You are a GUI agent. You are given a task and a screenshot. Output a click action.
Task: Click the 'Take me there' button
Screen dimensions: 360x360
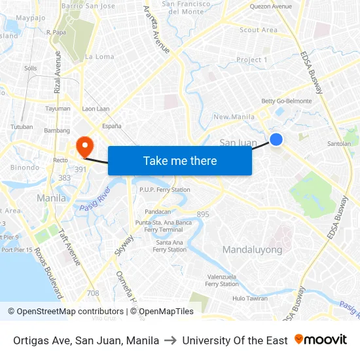click(180, 160)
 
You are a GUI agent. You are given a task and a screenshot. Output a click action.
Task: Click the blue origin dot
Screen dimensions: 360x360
click(276, 139)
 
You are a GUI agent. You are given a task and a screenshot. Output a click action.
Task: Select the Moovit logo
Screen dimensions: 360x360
click(320, 340)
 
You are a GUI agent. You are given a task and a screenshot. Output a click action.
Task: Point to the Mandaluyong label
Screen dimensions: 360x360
click(252, 249)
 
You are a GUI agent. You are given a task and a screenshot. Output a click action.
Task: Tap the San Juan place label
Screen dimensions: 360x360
click(238, 143)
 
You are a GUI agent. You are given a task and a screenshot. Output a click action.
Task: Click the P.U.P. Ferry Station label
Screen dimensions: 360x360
click(164, 190)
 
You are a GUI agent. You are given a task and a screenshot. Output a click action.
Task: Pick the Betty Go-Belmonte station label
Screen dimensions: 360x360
click(286, 101)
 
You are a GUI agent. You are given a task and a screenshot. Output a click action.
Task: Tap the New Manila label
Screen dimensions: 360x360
click(234, 117)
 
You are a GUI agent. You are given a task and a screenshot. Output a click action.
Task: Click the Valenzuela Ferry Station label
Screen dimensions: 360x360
click(222, 280)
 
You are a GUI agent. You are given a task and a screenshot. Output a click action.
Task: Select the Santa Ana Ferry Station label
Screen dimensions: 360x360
click(170, 245)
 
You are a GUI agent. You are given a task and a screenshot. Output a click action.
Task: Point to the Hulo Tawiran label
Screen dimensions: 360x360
click(250, 298)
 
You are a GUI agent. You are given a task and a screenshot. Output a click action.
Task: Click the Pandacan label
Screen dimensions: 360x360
click(158, 211)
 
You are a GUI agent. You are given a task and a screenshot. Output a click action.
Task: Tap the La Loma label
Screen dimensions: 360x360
click(99, 57)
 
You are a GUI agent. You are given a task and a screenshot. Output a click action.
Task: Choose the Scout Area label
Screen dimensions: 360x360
click(259, 30)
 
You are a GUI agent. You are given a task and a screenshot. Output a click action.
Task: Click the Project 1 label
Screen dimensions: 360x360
click(252, 60)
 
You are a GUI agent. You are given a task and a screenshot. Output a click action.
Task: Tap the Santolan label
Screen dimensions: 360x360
click(339, 143)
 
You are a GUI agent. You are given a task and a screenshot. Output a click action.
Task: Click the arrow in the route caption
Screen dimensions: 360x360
click(170, 340)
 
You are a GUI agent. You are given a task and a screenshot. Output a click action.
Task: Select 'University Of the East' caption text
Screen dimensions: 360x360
click(235, 340)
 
